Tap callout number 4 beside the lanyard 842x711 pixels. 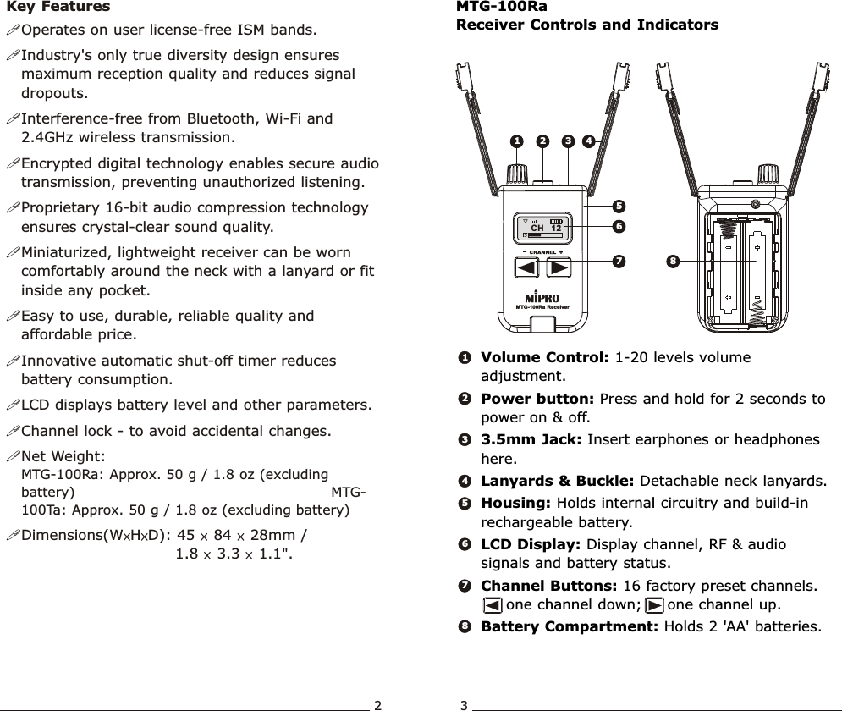[x=587, y=141]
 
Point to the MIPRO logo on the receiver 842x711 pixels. [x=542, y=297]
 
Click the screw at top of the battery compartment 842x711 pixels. [x=755, y=202]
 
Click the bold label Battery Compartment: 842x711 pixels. [x=570, y=627]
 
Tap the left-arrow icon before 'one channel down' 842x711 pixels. [x=492, y=605]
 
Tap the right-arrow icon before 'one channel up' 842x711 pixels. [x=653, y=605]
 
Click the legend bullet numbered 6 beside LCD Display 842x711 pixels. [x=465, y=545]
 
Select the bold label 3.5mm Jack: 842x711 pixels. [x=531, y=440]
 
